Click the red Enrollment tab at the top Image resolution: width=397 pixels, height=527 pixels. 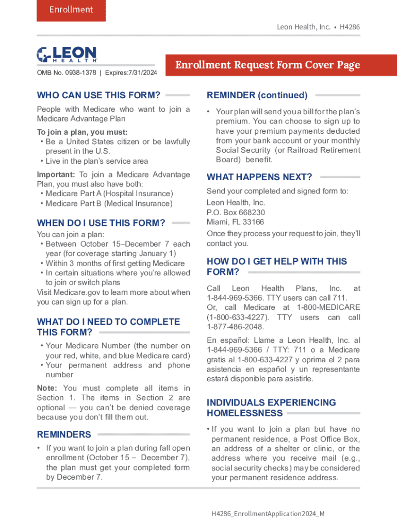(x=71, y=10)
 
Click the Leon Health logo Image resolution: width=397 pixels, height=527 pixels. (x=67, y=55)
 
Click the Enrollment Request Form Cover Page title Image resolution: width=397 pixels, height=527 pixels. (x=268, y=65)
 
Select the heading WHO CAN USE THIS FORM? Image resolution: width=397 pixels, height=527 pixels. (x=98, y=95)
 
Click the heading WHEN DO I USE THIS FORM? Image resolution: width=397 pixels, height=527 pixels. (x=101, y=223)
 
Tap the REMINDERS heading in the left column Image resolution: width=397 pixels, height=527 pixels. (x=64, y=434)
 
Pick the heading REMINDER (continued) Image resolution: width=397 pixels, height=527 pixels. (x=257, y=95)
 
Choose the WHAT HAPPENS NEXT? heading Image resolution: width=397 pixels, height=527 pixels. (x=259, y=177)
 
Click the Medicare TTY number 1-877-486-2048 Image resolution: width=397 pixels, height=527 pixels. (x=235, y=327)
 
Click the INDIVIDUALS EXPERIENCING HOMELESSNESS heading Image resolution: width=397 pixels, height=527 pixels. (x=271, y=408)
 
